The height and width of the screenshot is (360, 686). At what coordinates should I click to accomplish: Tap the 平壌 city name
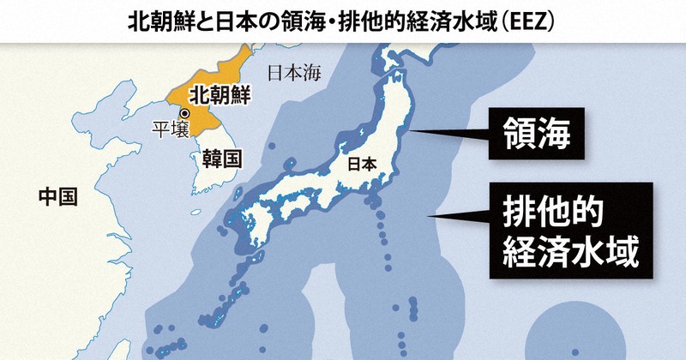point(168,130)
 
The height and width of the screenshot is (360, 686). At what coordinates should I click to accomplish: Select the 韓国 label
point(220,159)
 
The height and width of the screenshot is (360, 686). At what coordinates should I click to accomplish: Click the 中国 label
point(57,198)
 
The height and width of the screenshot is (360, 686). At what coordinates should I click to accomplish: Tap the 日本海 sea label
point(293,73)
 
